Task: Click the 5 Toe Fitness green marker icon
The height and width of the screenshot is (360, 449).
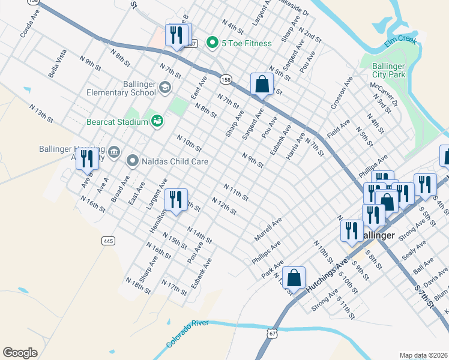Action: point(212,43)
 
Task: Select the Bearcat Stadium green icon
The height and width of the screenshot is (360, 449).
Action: point(157,122)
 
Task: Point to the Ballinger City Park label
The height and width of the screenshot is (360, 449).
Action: point(388,70)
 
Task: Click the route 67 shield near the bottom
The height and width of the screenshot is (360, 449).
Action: point(273,332)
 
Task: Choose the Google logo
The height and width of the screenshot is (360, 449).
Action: point(20,352)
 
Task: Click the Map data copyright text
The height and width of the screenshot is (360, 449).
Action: point(423,355)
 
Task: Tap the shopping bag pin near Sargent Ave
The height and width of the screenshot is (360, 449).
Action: point(262,85)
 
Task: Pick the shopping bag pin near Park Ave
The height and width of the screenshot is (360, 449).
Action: point(294,278)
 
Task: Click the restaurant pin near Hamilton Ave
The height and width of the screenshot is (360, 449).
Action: point(175,200)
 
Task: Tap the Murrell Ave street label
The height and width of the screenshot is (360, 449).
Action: point(268,230)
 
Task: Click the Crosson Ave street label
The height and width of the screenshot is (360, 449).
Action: point(342,95)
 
